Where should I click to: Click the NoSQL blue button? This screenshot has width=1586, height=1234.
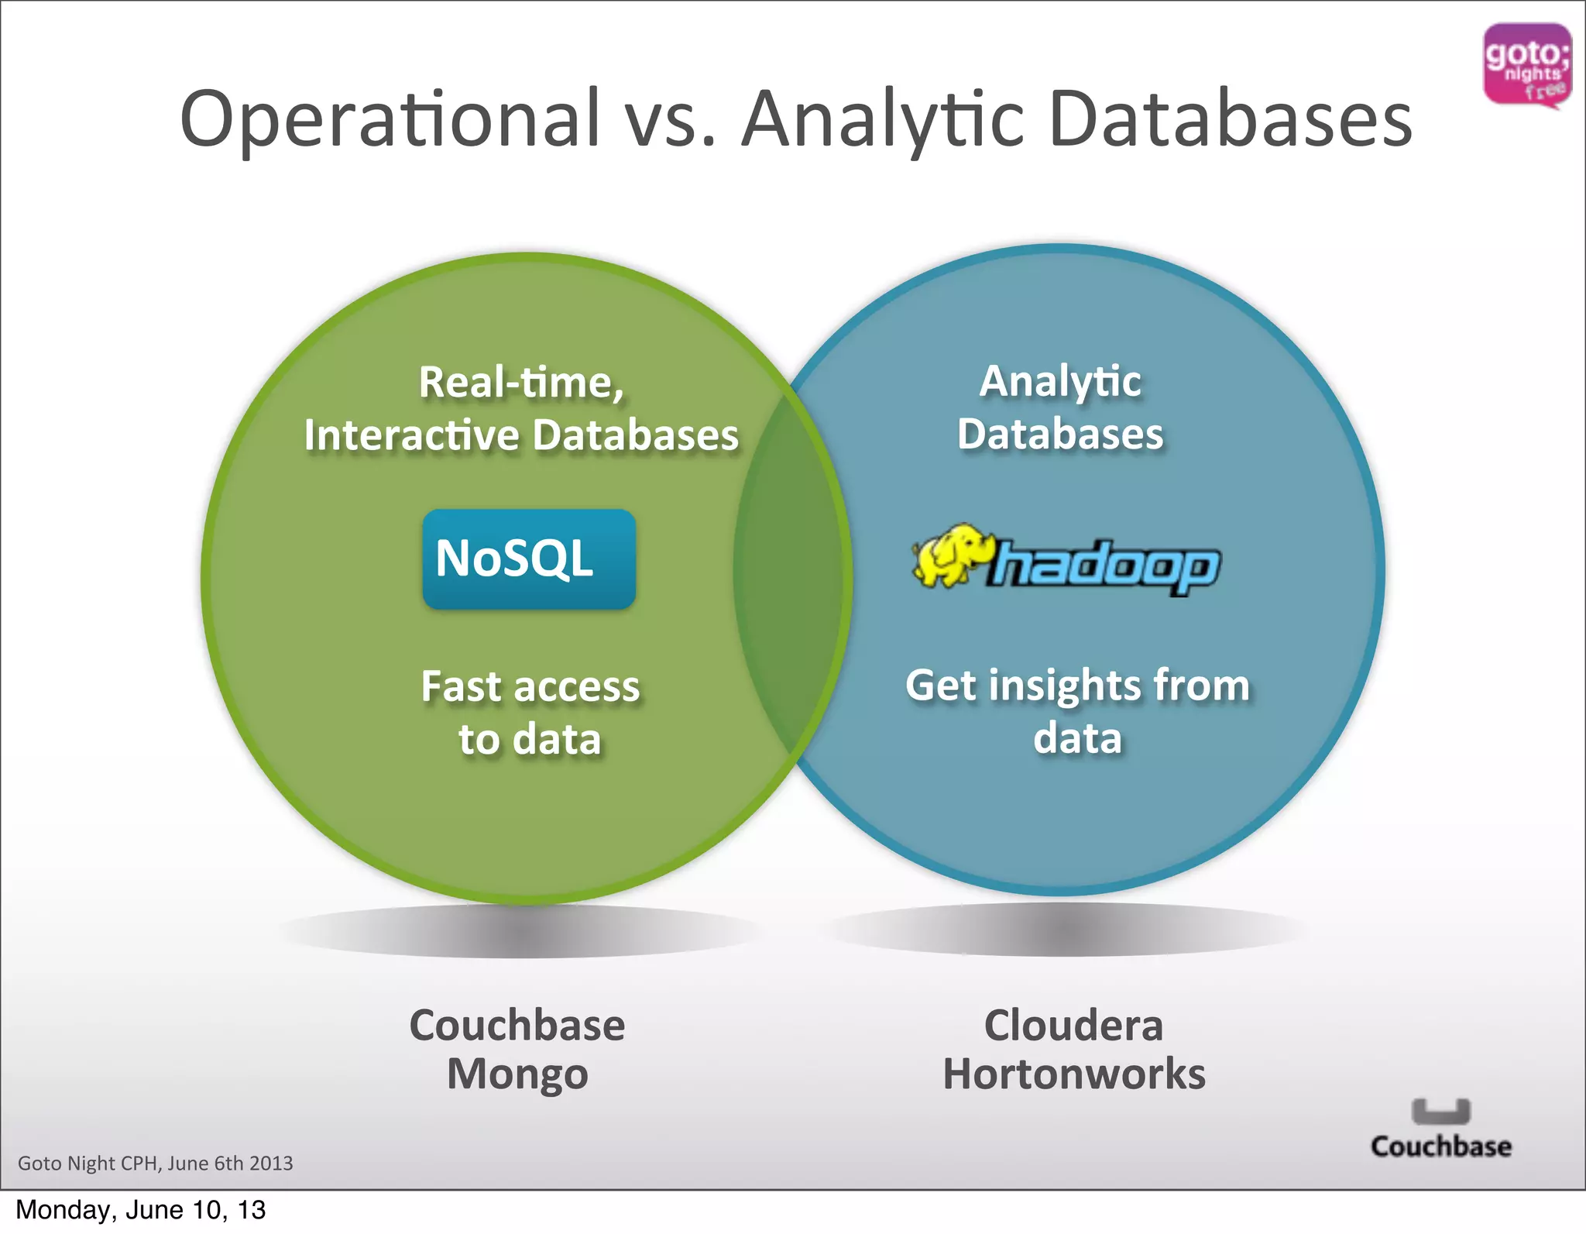coord(529,559)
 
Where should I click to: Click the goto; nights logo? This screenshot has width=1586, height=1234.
coord(1526,66)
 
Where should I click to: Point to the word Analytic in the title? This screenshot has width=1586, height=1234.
coord(883,120)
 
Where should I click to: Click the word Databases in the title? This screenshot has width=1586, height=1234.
coord(1231,120)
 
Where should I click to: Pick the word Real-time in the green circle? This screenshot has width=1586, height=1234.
coord(520,382)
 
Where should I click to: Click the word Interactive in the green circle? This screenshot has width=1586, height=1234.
coord(411,435)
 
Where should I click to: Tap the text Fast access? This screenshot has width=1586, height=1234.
coord(530,687)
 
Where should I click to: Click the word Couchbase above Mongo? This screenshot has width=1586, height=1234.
coord(517,1026)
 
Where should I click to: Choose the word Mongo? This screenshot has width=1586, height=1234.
coord(517,1075)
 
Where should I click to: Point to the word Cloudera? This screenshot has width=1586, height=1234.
coord(1073,1026)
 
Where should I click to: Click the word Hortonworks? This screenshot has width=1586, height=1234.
coord(1073,1074)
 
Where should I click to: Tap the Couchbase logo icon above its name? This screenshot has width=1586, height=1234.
coord(1440,1112)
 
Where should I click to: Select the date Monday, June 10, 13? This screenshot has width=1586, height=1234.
coord(140,1210)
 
